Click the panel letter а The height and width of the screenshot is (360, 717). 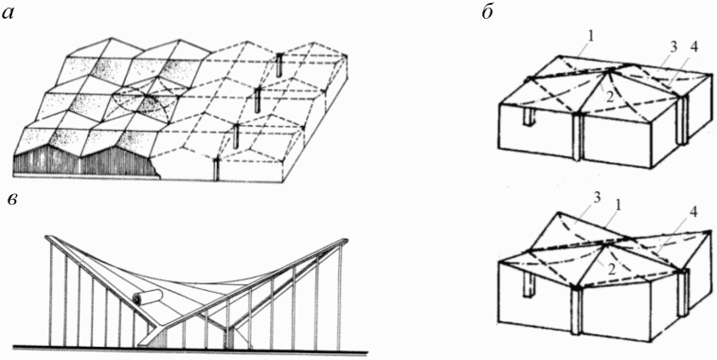pyautogui.click(x=9, y=13)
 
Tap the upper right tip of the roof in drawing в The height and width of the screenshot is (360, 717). pyautogui.click(x=345, y=240)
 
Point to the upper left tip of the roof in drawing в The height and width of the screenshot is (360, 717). pyautogui.click(x=47, y=238)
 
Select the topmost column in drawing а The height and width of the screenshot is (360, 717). pyautogui.click(x=278, y=65)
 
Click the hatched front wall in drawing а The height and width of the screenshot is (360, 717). pyautogui.click(x=82, y=161)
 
